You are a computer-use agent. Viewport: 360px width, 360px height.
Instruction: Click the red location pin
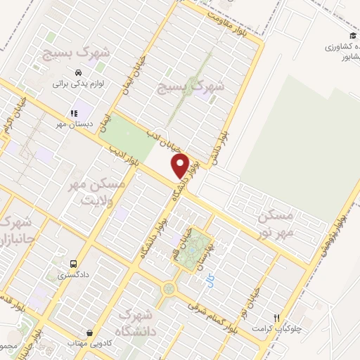pyautogui.click(x=181, y=167)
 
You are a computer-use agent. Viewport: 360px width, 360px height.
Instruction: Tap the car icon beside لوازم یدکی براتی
pyautogui.click(x=77, y=72)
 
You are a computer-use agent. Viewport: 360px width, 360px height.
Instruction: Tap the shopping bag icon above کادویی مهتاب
pyautogui.click(x=89, y=333)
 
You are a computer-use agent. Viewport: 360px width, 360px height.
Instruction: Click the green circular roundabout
pyautogui.click(x=169, y=288)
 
